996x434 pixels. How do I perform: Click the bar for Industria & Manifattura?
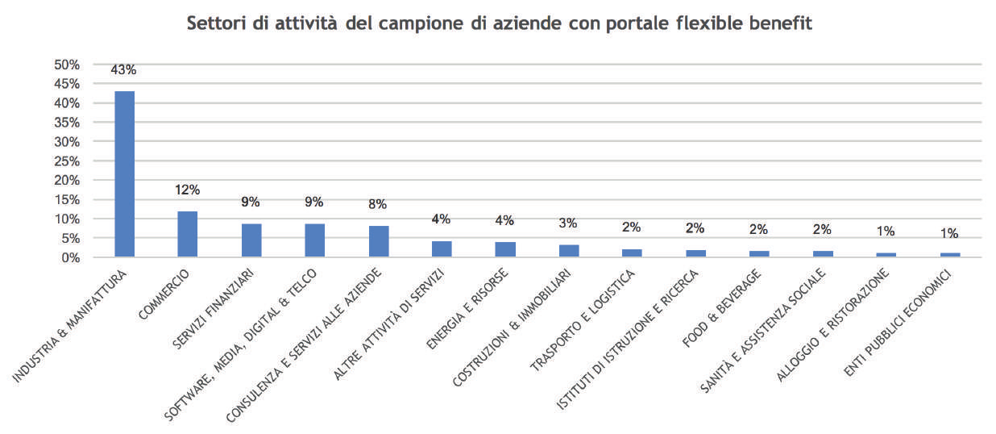click(124, 174)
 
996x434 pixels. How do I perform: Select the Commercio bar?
click(187, 234)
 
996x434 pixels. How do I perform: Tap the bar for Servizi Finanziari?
click(251, 240)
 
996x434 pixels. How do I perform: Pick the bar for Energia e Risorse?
click(505, 249)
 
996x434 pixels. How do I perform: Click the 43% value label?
click(124, 70)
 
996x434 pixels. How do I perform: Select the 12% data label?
click(187, 190)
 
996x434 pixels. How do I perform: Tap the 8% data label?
click(378, 204)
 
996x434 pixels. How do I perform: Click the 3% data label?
click(568, 223)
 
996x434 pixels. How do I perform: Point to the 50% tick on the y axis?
click(68, 65)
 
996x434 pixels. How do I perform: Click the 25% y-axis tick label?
click(68, 161)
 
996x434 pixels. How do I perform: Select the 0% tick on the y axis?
click(71, 257)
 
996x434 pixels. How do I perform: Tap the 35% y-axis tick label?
click(68, 123)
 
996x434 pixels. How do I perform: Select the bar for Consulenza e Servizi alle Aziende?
click(378, 242)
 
